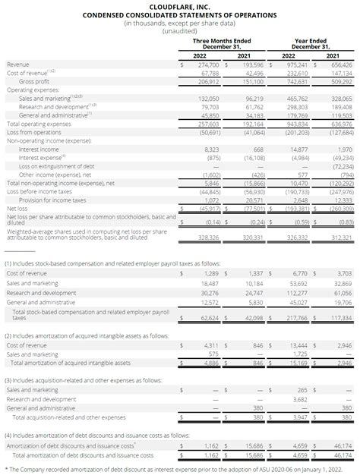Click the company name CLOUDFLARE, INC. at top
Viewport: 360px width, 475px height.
pos(179,5)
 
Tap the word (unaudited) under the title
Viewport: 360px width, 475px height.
pos(179,31)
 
